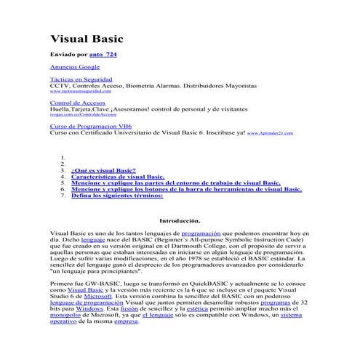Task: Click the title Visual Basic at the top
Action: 87,39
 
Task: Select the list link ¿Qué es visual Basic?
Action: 103,169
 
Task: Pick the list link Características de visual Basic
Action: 119,176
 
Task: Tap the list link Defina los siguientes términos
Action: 117,195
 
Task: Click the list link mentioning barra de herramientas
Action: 186,188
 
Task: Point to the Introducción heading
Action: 179,220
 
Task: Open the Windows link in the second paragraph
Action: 89,308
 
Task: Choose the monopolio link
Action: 66,315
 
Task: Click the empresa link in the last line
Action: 126,321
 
